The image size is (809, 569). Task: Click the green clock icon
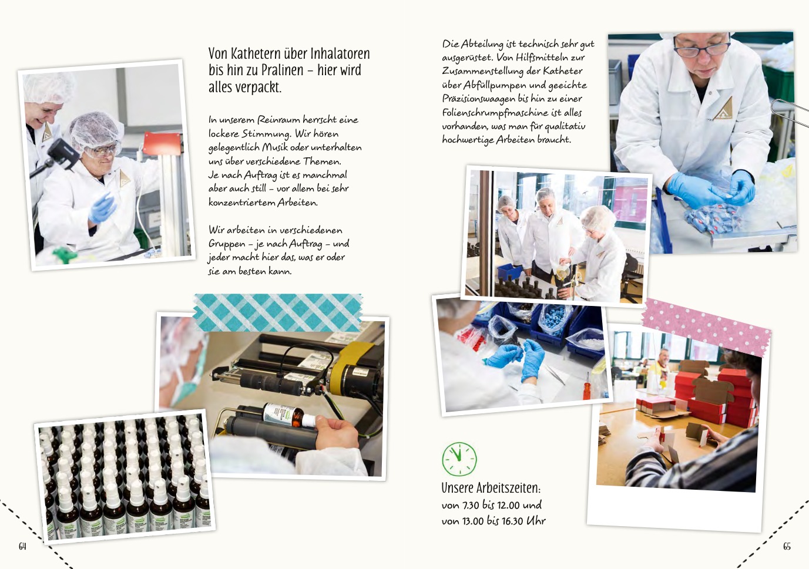coord(459,459)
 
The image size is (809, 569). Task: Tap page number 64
coord(22,546)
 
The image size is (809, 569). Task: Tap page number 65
coord(787,546)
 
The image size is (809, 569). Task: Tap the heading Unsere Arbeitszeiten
coord(491,488)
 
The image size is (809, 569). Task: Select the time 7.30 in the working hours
coord(471,505)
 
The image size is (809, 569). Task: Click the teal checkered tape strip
coord(278,312)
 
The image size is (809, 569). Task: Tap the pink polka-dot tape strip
coord(706,326)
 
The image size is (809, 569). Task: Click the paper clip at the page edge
coord(790,112)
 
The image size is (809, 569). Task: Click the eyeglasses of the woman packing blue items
coord(701,48)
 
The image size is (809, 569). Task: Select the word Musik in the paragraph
coord(275,147)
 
